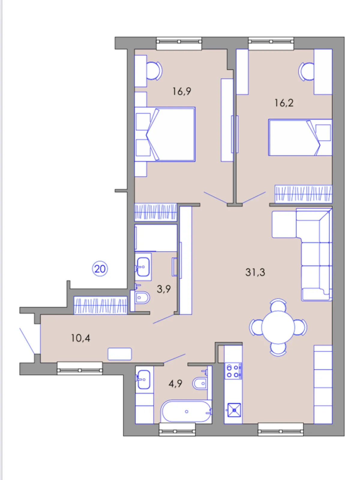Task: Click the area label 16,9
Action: pyautogui.click(x=181, y=91)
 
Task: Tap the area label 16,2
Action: pyautogui.click(x=284, y=103)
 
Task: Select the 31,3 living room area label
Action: pyautogui.click(x=255, y=272)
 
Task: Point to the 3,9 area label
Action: pyautogui.click(x=164, y=289)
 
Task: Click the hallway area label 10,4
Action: pyautogui.click(x=80, y=338)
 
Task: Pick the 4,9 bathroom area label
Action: pyautogui.click(x=175, y=384)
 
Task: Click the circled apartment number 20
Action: pyautogui.click(x=100, y=269)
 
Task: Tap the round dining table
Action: pyautogui.click(x=278, y=327)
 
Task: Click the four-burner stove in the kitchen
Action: pyautogui.click(x=233, y=371)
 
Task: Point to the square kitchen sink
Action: pyautogui.click(x=234, y=410)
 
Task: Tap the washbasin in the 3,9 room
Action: pyautogui.click(x=143, y=267)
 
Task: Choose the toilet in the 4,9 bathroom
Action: pyautogui.click(x=202, y=383)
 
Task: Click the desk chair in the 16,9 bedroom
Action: pyautogui.click(x=154, y=70)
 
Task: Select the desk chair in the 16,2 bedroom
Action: pyautogui.click(x=306, y=71)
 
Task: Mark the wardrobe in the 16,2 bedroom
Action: pyautogui.click(x=303, y=193)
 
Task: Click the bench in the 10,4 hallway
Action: pyautogui.click(x=120, y=354)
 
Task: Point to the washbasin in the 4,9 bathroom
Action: pyautogui.click(x=144, y=379)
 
